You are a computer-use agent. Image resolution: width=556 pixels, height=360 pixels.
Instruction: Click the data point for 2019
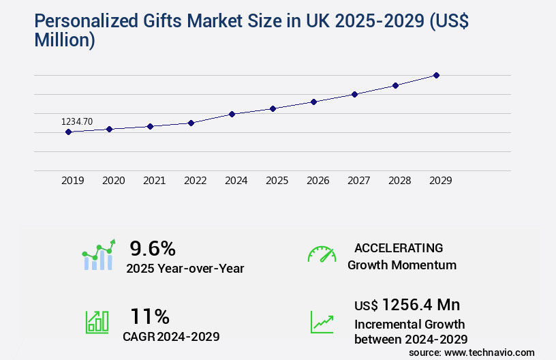pos(68,132)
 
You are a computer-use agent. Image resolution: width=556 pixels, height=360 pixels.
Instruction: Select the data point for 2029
pos(436,75)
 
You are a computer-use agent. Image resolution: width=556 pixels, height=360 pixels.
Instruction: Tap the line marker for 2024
pos(232,114)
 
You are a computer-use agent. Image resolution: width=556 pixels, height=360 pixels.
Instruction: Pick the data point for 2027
pos(354,94)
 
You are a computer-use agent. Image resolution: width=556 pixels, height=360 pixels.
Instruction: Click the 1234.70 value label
pos(77,121)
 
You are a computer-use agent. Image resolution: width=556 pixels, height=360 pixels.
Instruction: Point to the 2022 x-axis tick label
pos(195,181)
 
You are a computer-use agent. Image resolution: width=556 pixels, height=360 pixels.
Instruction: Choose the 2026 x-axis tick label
pos(318,181)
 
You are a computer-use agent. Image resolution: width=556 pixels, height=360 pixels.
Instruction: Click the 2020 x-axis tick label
pos(113,181)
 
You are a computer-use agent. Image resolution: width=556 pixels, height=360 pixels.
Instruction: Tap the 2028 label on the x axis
pos(399,181)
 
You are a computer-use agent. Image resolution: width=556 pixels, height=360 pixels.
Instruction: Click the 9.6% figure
pos(153,247)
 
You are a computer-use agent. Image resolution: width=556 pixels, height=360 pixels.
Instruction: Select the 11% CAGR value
pos(150,316)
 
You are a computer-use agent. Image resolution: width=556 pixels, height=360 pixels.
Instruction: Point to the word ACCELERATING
pos(399,247)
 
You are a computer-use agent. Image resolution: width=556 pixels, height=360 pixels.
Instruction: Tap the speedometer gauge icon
pos(322,254)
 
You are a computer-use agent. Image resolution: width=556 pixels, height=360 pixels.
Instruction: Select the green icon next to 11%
pos(97,322)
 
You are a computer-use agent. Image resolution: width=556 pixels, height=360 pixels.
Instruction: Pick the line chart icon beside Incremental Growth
pos(322,322)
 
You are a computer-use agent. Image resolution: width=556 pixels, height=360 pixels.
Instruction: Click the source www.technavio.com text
pos(472,352)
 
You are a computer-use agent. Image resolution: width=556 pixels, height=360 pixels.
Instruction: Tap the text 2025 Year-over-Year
pos(185,269)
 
